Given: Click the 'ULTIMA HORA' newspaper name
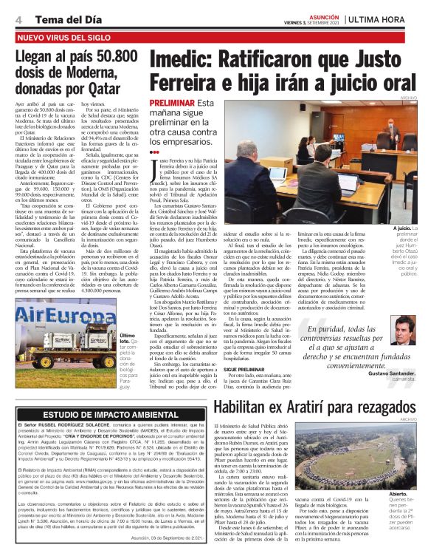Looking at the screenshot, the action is point(384,17).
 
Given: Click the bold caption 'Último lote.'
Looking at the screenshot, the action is point(130,338).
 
